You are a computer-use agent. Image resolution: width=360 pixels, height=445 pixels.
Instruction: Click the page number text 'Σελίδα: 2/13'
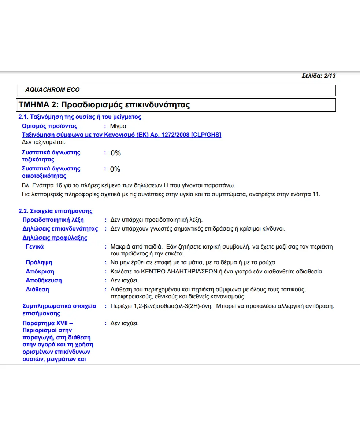[x=318, y=76]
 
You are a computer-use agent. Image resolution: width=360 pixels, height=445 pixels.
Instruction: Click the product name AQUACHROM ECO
[x=52, y=90]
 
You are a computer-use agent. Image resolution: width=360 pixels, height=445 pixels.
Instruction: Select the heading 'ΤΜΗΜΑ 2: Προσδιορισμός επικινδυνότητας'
[x=104, y=105]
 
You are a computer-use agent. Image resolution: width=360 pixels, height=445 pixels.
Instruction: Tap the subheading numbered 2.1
[x=80, y=117]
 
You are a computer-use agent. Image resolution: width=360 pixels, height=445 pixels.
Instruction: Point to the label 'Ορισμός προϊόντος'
[x=50, y=126]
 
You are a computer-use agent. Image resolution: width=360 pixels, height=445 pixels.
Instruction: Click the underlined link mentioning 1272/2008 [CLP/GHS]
[x=122, y=135]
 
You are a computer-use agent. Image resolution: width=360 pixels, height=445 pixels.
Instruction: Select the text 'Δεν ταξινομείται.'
[x=44, y=142]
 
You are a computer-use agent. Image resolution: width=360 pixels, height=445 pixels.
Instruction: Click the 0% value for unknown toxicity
[x=115, y=153]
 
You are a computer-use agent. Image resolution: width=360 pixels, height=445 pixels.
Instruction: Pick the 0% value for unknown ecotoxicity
[x=115, y=169]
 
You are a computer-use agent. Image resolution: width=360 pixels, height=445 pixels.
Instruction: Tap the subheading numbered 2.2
[x=56, y=211]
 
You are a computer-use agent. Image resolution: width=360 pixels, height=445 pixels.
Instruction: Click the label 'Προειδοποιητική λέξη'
[x=53, y=220]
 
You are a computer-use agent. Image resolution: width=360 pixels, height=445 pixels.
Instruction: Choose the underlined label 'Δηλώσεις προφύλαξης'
[x=55, y=238]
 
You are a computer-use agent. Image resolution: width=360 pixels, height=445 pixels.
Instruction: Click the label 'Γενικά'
[x=35, y=247]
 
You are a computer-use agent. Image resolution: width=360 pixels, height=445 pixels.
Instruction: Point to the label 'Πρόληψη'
[x=39, y=262]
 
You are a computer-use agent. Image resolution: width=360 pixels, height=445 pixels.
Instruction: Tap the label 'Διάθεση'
[x=37, y=290]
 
